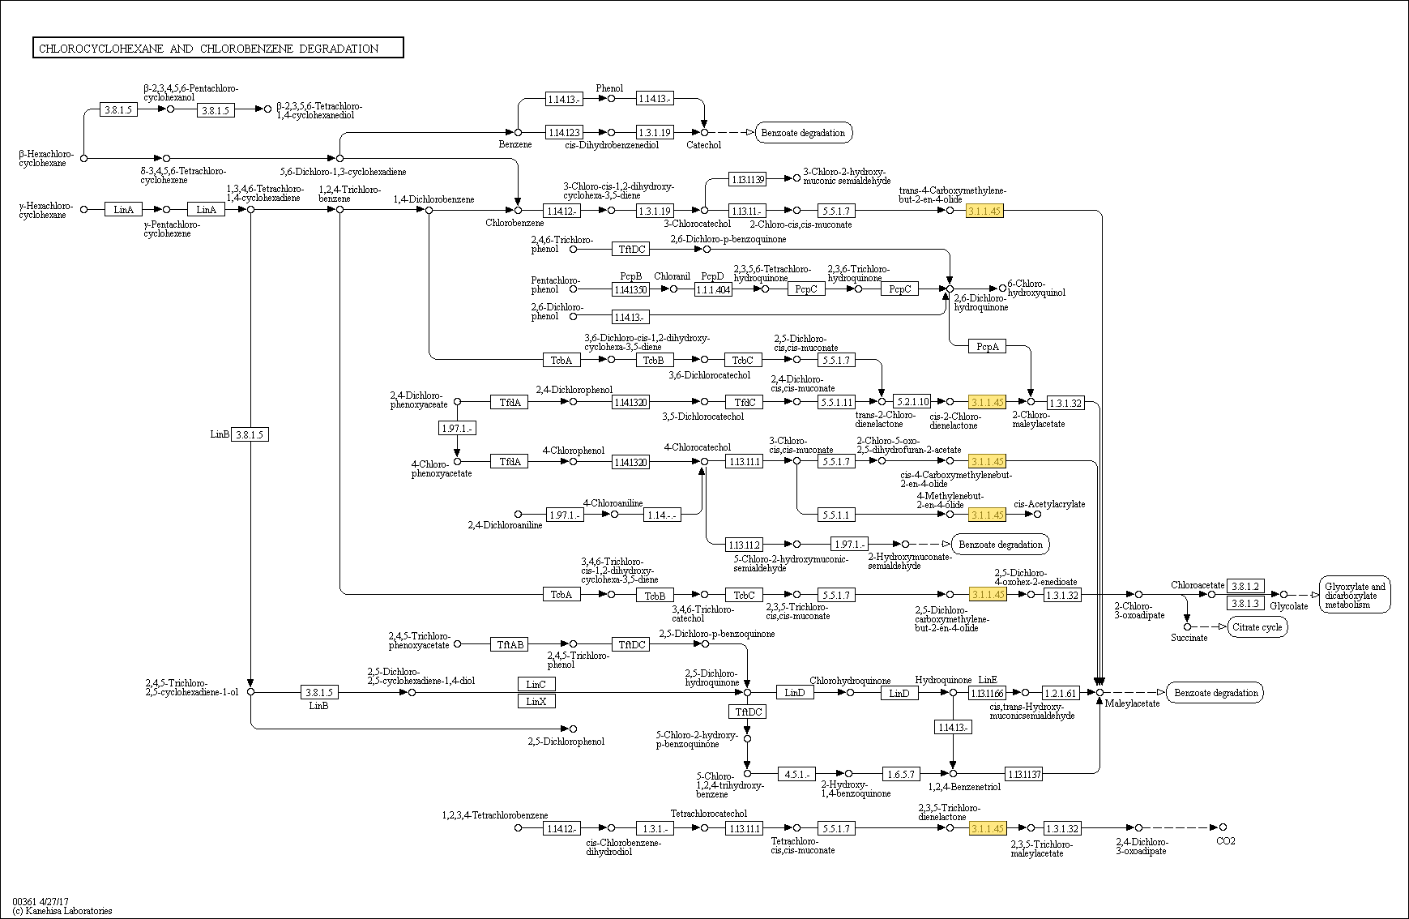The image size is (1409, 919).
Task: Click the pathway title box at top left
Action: [x=218, y=48]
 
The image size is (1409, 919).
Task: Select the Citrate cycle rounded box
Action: [x=1257, y=626]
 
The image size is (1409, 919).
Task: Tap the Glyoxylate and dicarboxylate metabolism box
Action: [x=1355, y=596]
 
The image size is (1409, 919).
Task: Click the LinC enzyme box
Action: [x=536, y=684]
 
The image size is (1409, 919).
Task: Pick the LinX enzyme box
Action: [x=536, y=701]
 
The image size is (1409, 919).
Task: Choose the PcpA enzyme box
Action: [x=987, y=346]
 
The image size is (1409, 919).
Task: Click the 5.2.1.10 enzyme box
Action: [x=912, y=402]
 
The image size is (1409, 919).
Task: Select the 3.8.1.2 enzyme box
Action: [x=1245, y=586]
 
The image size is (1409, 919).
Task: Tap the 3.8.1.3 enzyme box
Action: [x=1245, y=603]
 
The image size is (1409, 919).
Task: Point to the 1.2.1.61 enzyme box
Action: [x=1061, y=693]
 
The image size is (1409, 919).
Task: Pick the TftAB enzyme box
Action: [x=510, y=644]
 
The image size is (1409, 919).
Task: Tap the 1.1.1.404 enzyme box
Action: [x=713, y=289]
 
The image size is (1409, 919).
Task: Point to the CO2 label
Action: [x=1226, y=841]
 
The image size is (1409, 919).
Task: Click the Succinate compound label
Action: [x=1189, y=638]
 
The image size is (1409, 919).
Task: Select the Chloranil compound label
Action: [x=672, y=276]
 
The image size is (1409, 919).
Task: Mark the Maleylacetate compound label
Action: [x=1133, y=703]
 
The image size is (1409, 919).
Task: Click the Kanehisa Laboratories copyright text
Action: [x=62, y=911]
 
